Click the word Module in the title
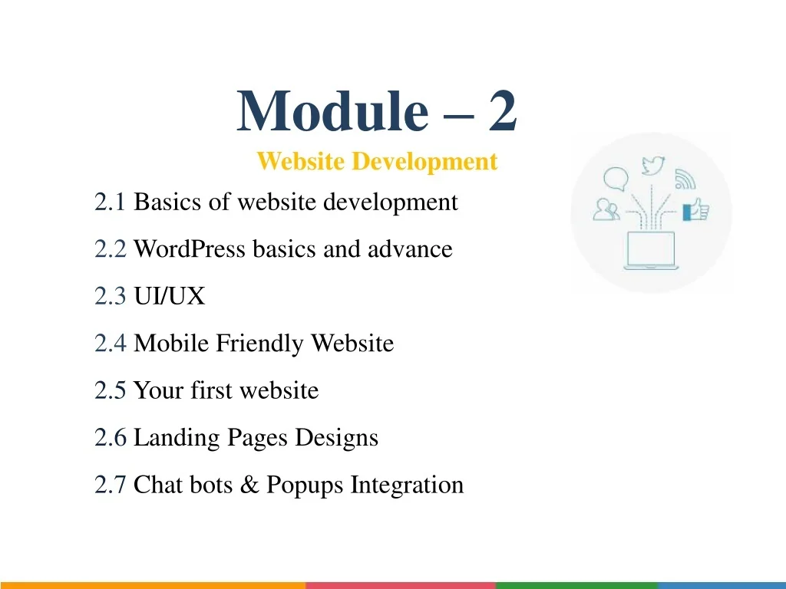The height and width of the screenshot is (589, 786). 332,110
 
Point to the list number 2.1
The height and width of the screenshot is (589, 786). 109,202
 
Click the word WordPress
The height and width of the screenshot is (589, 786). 190,249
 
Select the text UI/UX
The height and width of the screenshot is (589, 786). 170,296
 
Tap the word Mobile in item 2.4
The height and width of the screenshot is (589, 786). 171,343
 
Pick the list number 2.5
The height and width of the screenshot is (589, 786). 110,390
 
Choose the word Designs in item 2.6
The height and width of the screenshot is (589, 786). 336,438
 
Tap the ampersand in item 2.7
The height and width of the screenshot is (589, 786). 249,485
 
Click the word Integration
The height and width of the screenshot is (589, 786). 407,485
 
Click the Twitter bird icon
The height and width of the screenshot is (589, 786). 653,166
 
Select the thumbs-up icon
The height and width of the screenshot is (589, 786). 695,210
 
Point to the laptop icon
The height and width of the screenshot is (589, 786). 651,251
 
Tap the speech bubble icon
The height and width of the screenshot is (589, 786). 616,179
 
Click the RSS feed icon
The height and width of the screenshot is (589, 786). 685,179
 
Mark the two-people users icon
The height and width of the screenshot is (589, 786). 606,209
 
